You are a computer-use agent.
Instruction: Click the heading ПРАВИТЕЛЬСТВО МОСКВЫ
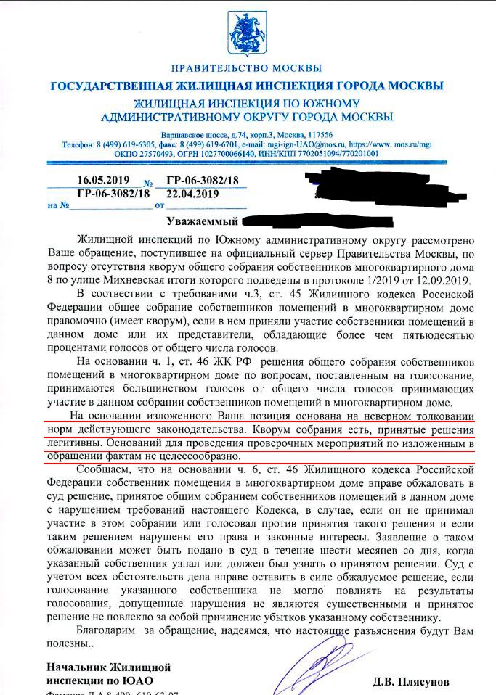pos(246,69)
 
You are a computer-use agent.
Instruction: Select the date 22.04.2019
pos(192,193)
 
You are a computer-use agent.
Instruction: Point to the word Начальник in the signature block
pos(78,667)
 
